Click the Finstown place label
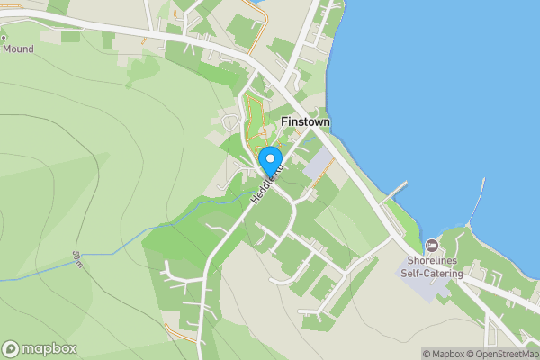coord(305,121)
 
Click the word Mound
coord(18,49)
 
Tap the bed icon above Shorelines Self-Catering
coord(431,245)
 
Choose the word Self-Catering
coord(433,274)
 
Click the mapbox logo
coord(40,348)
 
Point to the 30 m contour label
coord(79,260)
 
